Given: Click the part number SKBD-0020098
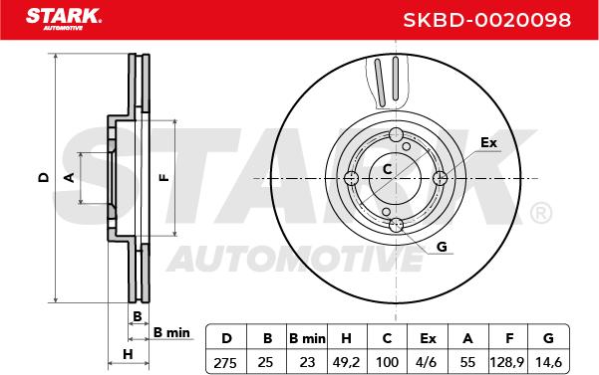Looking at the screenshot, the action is point(487,20).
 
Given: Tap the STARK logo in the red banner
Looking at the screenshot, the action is point(64,19).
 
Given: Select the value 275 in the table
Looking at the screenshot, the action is point(225,363).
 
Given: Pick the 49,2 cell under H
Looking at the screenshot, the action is point(346,362).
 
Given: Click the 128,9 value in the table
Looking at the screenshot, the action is point(507,362).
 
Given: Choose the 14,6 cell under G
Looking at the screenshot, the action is point(548,362).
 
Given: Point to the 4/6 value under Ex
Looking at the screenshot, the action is point(428,362).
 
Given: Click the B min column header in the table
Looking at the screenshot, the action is point(307,338).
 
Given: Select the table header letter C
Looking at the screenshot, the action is point(387,338).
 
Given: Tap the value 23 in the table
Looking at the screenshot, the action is point(307,362).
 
